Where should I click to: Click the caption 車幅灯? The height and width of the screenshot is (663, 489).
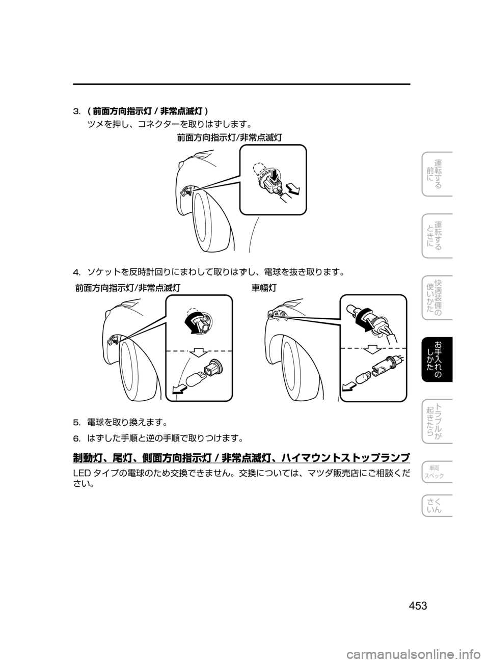pos(264,288)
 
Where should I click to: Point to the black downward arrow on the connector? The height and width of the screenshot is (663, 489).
pos(274,175)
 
